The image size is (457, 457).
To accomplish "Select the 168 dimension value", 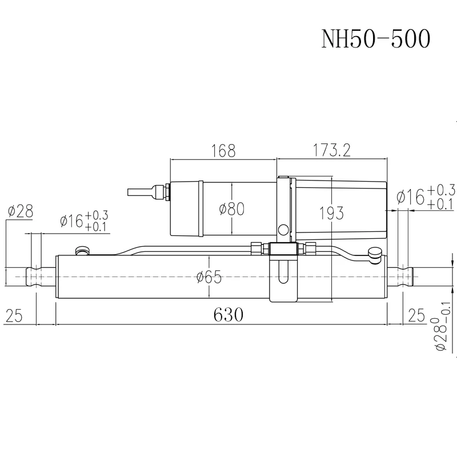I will coord(223,151).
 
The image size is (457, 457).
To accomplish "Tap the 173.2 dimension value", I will coord(331,151).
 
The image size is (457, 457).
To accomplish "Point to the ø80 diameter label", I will coord(232,209).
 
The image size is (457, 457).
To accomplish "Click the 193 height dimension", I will coord(331,213).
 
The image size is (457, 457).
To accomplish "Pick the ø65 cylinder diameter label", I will coord(209,278).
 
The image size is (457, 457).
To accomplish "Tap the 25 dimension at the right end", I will coord(416,315).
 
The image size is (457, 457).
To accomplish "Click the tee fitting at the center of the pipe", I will coord(283,249).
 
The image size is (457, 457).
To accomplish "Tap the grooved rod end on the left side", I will coord(37,276).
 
